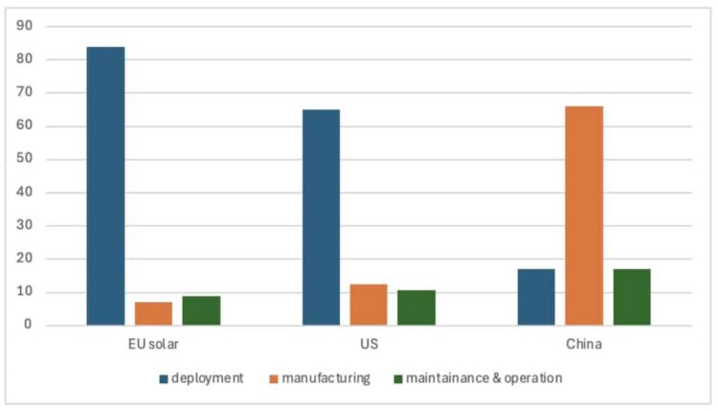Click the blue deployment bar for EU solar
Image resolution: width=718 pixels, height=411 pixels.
pos(105,186)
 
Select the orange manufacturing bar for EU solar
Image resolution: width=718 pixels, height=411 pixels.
pos(153,313)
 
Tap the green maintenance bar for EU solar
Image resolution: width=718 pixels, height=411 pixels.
pos(201,310)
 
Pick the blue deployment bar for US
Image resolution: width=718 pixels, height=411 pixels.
pos(321,217)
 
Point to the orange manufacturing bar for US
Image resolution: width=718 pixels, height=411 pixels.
pos(369,305)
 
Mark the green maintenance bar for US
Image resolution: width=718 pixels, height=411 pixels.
pos(416,308)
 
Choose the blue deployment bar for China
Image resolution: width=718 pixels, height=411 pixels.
pos(536,297)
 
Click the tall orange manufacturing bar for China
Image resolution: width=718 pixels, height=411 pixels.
pos(584,216)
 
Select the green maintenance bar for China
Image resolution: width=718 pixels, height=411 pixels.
pos(632,297)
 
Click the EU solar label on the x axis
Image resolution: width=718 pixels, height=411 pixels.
pos(153,344)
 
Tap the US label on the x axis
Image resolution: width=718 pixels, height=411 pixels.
pos(369,344)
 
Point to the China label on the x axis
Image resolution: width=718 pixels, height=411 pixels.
pos(584,344)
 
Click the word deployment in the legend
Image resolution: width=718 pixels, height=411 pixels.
pos(208,378)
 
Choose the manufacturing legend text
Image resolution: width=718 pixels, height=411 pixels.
pos(325,378)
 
